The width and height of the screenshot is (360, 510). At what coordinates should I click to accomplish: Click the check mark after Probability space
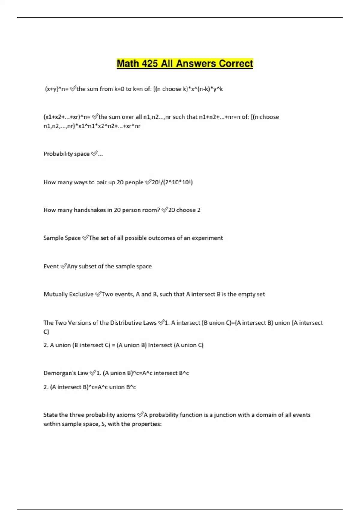[x=94, y=154]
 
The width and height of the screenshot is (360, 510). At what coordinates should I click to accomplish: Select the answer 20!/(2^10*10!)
[x=172, y=182]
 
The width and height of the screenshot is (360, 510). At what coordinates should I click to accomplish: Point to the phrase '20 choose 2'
[x=184, y=210]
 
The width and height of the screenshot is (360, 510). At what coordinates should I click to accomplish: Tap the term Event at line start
[x=51, y=266]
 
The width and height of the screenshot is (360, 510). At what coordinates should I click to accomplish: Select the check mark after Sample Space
[x=85, y=238]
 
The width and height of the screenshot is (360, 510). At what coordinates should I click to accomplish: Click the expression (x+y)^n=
[x=57, y=89]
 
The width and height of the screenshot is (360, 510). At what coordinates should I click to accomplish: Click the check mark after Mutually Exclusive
[x=98, y=294]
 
